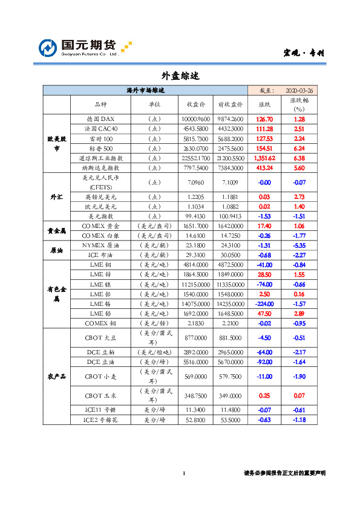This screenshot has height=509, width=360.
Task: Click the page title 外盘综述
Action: click(x=180, y=76)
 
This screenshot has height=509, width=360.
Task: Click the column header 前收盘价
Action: click(x=230, y=105)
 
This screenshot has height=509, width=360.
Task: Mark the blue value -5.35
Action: click(x=299, y=245)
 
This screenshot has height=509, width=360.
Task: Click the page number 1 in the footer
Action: click(x=183, y=473)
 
